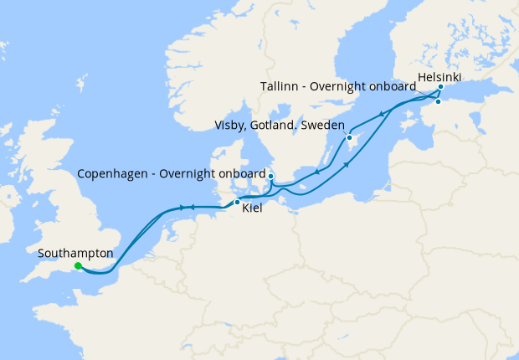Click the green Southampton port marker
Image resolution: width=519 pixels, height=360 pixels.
pyautogui.click(x=78, y=266)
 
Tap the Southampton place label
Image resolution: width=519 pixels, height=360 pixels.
pyautogui.click(x=75, y=252)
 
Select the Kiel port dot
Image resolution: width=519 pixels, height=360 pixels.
pyautogui.click(x=237, y=203)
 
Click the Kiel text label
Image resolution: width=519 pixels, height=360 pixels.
pyautogui.click(x=252, y=208)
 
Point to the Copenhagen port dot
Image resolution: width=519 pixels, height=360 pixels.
pyautogui.click(x=270, y=176)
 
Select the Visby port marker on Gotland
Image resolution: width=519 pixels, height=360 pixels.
pyautogui.click(x=349, y=137)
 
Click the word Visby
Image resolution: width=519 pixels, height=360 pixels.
pyautogui.click(x=231, y=126)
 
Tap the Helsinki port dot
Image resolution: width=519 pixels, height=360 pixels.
pyautogui.click(x=440, y=86)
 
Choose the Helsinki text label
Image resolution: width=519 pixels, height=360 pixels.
pyautogui.click(x=439, y=76)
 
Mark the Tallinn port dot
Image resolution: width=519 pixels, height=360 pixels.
pyautogui.click(x=437, y=101)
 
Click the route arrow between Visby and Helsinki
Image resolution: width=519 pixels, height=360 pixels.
pyautogui.click(x=382, y=114)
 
